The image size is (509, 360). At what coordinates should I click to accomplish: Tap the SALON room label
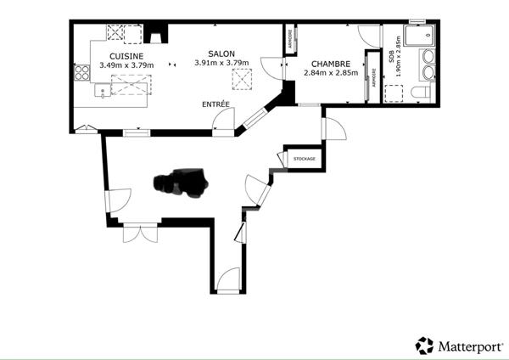point(221,52)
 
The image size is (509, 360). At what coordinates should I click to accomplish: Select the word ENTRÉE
point(215,104)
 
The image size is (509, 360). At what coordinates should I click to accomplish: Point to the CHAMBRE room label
point(331,64)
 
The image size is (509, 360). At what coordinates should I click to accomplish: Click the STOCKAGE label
point(304,159)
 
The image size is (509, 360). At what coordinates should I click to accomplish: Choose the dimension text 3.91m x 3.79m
point(221,62)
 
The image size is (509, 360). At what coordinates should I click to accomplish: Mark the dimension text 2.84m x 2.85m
point(331,73)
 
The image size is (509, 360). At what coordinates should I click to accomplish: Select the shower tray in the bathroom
point(420,37)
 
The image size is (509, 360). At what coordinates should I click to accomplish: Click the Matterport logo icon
point(424,345)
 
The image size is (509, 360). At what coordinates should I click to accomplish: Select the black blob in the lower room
point(180,182)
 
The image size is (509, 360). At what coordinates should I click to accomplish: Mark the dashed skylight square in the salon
point(243,80)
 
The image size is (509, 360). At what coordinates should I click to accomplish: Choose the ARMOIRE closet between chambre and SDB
point(371,76)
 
